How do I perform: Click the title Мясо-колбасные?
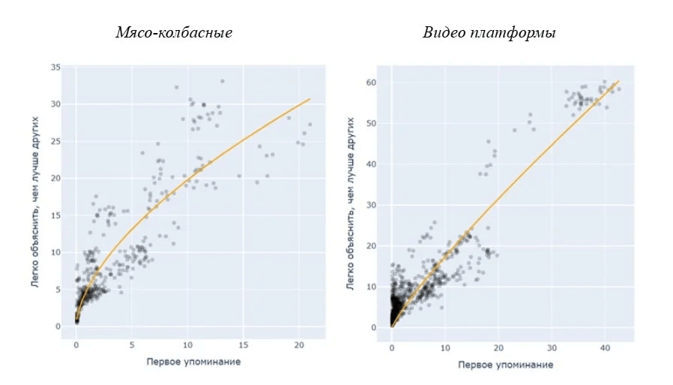coord(173,33)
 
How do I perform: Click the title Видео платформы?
coord(489,33)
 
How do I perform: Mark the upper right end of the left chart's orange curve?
coord(310,98)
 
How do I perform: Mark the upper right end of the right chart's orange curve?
coord(618,81)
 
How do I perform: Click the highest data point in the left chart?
coord(223,81)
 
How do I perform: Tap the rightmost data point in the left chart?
coord(310,125)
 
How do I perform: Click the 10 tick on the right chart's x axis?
coord(445,349)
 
